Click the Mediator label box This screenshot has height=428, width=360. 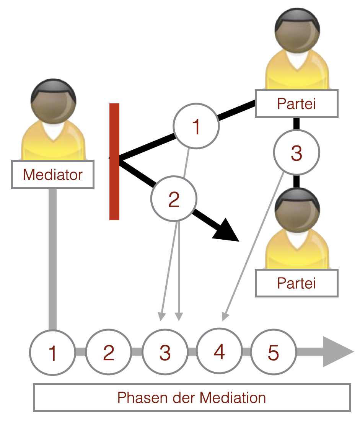pyautogui.click(x=53, y=175)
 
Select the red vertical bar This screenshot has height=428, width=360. pyautogui.click(x=114, y=162)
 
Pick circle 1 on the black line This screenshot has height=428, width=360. pyautogui.click(x=196, y=126)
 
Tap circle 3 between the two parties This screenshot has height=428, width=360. pyautogui.click(x=296, y=153)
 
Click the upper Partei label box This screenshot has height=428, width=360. pyautogui.click(x=296, y=103)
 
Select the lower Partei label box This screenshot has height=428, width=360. pyautogui.click(x=296, y=283)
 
